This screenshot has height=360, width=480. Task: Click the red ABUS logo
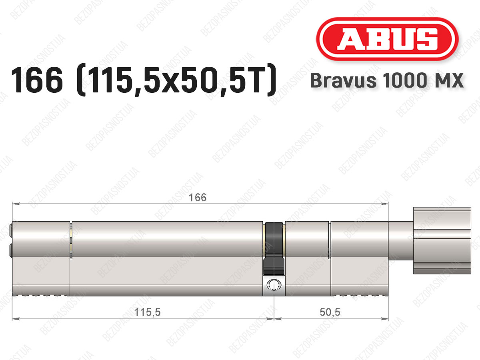387,39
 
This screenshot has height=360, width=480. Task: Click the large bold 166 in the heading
37,80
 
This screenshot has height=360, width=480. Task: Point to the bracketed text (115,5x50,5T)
176,80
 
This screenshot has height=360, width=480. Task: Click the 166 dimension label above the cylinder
197,197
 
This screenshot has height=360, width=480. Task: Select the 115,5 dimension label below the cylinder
147,312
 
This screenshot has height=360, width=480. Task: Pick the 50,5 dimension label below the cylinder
330,312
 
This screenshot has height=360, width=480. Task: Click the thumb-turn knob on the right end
442,240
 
